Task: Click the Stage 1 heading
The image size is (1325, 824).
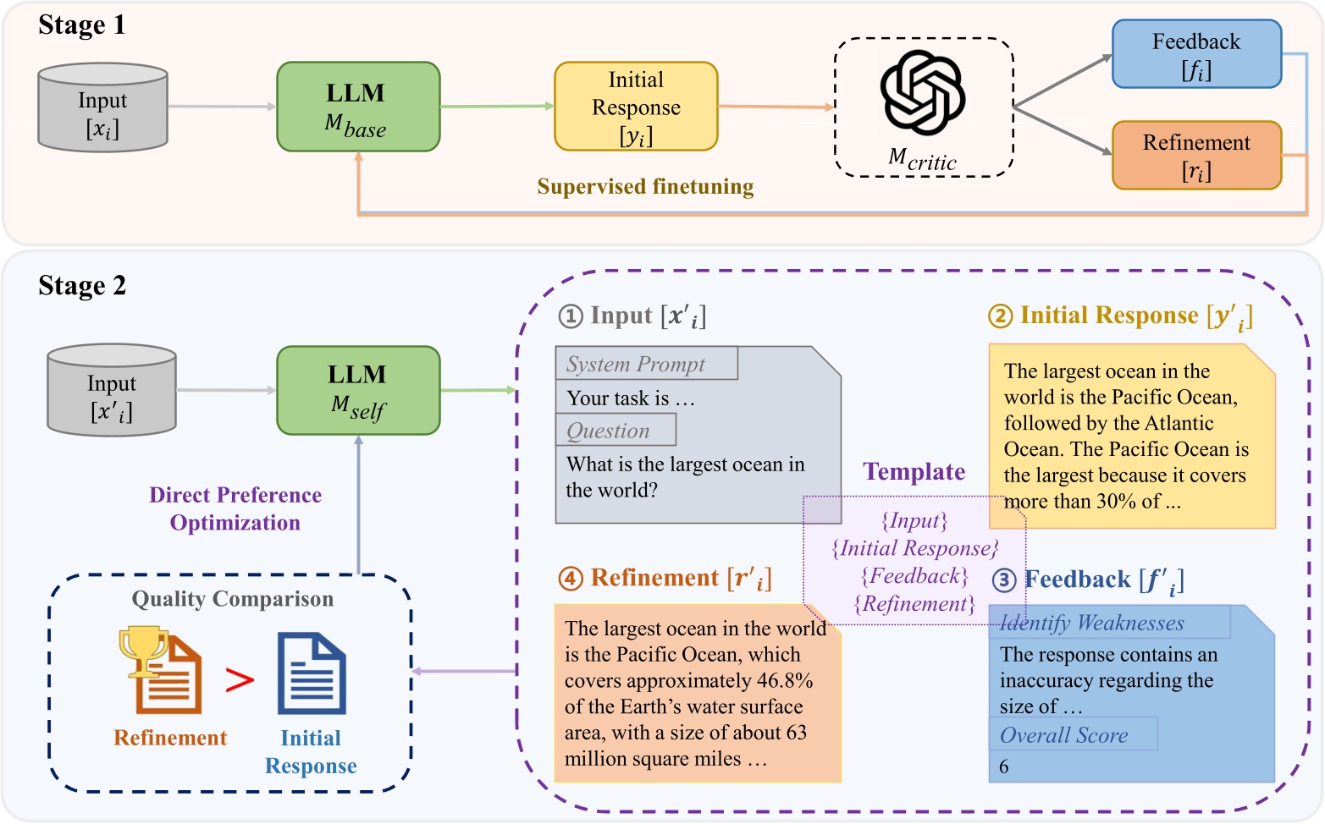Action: [x=82, y=25]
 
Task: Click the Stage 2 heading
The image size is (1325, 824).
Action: [x=82, y=286]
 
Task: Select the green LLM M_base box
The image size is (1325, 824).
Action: [x=358, y=107]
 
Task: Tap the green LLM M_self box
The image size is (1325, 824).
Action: [x=358, y=391]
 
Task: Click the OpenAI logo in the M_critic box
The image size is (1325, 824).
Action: [x=923, y=92]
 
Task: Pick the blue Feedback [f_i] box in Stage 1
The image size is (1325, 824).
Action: [x=1195, y=54]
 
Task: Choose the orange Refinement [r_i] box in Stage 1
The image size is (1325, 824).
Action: [x=1195, y=156]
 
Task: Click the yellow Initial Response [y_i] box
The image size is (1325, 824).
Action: [x=636, y=107]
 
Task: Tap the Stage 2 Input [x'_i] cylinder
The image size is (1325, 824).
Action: [x=111, y=391]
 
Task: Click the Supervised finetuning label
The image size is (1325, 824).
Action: [x=645, y=187]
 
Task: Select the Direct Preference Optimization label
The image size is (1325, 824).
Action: [x=235, y=508]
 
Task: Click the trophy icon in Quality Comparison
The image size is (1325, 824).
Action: [x=142, y=650]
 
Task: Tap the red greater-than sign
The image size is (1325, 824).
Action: [x=240, y=679]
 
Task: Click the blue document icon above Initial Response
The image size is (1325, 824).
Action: [x=312, y=673]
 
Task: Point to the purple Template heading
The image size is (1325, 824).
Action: [x=914, y=472]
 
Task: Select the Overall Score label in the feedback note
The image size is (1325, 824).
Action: [x=1064, y=735]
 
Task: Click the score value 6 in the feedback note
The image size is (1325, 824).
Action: [x=1004, y=766]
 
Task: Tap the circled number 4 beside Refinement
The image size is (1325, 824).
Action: [x=571, y=579]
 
